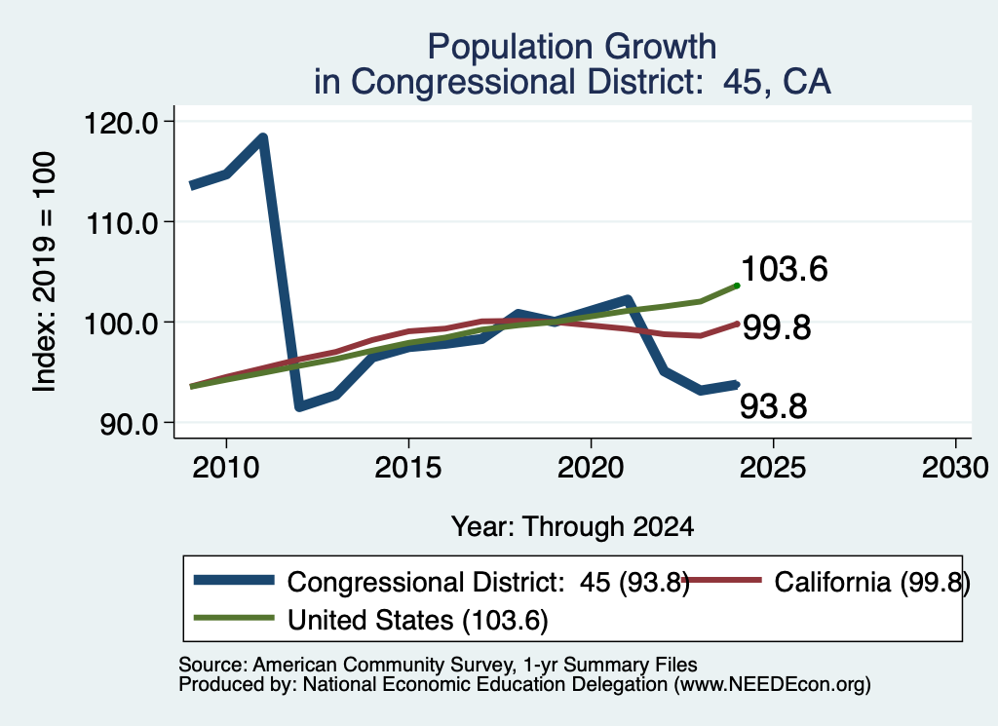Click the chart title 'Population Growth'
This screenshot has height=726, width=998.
click(571, 47)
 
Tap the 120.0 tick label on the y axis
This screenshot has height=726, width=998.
click(121, 123)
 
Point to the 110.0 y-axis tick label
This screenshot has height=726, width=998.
click(121, 223)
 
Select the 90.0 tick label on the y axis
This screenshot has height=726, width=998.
click(130, 425)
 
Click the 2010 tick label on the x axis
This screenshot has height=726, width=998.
click(226, 468)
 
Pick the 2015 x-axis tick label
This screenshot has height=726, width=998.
click(408, 468)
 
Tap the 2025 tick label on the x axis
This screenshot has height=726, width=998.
click(773, 468)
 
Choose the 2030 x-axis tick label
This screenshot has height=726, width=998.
click(955, 468)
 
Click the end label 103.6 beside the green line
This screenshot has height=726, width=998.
click(785, 269)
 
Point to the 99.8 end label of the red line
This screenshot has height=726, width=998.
click(777, 327)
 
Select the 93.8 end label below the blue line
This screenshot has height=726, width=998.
click(773, 406)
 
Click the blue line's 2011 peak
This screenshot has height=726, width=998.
click(262, 137)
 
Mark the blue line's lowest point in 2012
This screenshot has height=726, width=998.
click(299, 406)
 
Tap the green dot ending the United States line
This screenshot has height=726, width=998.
click(737, 286)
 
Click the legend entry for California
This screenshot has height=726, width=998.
click(825, 582)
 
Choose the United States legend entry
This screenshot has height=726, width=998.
click(371, 620)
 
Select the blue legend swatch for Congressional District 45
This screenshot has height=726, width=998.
click(234, 580)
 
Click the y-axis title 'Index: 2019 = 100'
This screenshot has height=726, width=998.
click(44, 272)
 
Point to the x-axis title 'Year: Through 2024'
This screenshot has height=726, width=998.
click(572, 527)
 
